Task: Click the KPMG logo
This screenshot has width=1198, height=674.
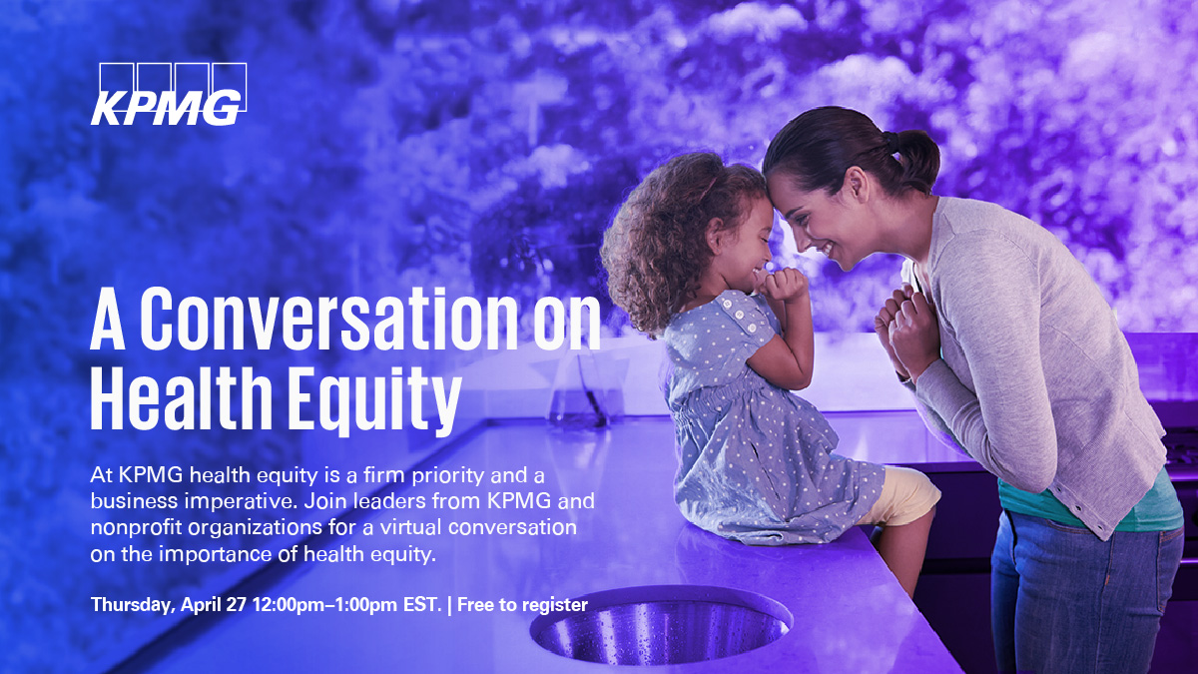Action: [169, 94]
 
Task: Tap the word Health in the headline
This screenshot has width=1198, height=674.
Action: [182, 398]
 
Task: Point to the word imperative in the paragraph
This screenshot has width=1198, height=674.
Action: [240, 501]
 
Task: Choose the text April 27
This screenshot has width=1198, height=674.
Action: [214, 605]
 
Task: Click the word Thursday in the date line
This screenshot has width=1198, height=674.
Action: [133, 605]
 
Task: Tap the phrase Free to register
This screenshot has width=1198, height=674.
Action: [522, 605]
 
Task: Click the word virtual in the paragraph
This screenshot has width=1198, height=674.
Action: [411, 528]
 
